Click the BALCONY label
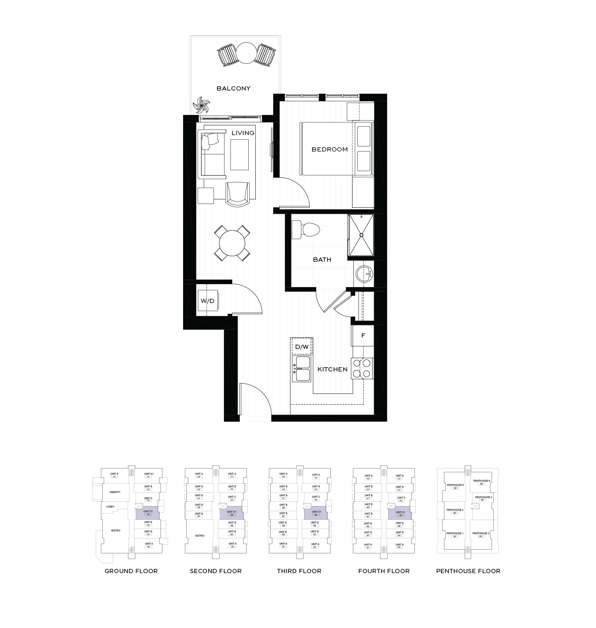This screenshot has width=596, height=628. tap(233, 88)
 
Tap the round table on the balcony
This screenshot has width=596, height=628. tap(246, 53)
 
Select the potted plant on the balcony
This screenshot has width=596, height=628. tap(202, 105)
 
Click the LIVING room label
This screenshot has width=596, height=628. tap(243, 133)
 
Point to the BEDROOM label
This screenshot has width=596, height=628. tap(329, 149)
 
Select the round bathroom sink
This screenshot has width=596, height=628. tap(364, 274)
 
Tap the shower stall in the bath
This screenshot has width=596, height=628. tap(361, 235)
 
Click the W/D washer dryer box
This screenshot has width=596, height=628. tap(207, 301)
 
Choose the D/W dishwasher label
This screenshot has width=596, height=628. tap(301, 347)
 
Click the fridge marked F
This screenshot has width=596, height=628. tap(363, 336)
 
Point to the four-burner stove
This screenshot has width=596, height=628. tap(362, 368)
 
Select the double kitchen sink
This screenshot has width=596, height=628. tap(302, 369)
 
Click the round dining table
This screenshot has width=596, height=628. tap(232, 243)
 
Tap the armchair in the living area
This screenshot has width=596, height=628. tap(237, 194)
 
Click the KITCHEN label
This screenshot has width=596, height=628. tap(332, 369)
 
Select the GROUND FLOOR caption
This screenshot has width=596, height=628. tap(131, 571)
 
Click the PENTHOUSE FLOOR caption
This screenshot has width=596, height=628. tap(468, 571)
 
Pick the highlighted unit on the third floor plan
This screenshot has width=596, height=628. tap(316, 514)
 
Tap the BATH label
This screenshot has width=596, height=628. tap(322, 259)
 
